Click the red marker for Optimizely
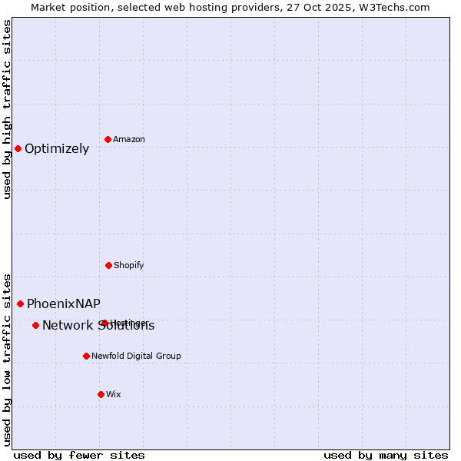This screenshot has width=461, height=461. click(18, 148)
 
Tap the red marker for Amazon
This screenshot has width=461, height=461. click(108, 139)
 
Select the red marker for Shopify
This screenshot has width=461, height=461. click(108, 265)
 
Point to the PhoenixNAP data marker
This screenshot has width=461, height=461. click(20, 303)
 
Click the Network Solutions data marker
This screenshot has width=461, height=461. click(35, 325)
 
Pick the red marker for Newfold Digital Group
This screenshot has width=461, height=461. click(86, 356)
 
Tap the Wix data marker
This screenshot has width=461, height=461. click(101, 394)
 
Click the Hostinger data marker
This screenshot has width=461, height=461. click(104, 323)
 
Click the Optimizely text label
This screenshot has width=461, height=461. click(57, 149)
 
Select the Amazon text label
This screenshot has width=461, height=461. click(129, 140)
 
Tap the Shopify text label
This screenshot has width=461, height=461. click(129, 266)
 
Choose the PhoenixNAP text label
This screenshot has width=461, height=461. click(63, 304)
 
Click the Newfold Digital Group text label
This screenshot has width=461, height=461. click(136, 357)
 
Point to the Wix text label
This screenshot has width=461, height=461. click(114, 395)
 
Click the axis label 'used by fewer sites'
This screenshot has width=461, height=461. click(79, 455)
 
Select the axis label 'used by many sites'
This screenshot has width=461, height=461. click(386, 455)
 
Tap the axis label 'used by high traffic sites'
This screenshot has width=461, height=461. click(7, 109)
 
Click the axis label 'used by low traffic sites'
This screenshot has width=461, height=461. click(7, 359)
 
